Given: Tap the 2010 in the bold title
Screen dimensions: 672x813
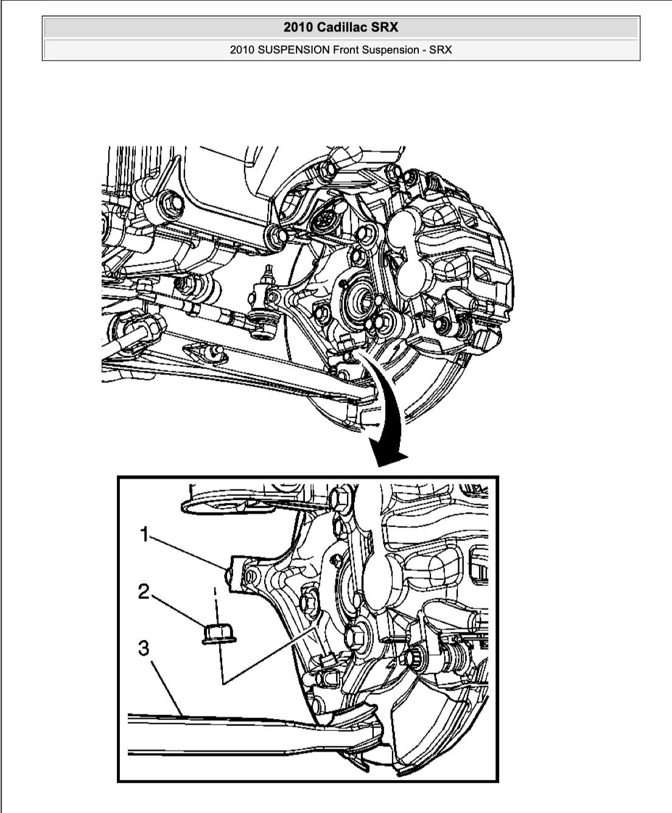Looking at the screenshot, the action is click(x=298, y=27).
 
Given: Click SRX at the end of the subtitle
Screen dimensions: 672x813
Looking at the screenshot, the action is click(x=441, y=50).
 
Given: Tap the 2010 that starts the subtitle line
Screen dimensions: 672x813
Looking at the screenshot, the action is click(x=242, y=50).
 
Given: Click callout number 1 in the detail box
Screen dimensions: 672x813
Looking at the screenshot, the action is click(x=144, y=534).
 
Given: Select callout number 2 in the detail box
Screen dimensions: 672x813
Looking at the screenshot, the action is click(x=144, y=591).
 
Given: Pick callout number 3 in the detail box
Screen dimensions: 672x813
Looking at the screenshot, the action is click(x=144, y=648).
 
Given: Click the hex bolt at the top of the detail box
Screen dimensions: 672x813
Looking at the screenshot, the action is click(x=338, y=497).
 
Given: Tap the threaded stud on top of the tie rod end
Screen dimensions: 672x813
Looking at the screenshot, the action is click(x=268, y=273).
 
